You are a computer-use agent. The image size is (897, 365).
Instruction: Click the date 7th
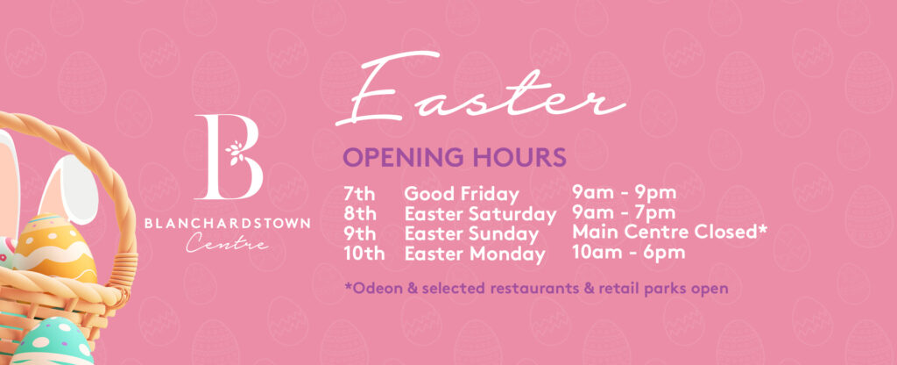point(360,194)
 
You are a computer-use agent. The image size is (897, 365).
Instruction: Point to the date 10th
point(364,254)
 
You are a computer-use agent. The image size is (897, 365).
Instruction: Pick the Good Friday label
point(462,195)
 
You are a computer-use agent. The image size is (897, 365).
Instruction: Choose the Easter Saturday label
point(481,215)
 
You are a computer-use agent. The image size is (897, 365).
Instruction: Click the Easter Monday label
point(475,254)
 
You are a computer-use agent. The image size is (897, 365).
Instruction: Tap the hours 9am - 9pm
point(624,193)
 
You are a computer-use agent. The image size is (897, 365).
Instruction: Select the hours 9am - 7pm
point(624,213)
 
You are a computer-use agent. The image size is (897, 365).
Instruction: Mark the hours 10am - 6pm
point(629,253)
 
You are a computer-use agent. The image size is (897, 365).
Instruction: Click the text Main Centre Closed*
point(669,233)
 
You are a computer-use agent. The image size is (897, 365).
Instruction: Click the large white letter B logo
point(229,156)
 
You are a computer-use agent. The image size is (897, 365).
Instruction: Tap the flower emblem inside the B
point(235,153)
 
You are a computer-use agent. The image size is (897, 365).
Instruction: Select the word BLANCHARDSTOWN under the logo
point(227,224)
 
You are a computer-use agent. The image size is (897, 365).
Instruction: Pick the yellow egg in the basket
point(55,248)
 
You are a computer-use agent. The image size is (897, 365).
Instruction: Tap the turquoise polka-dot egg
point(52,343)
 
